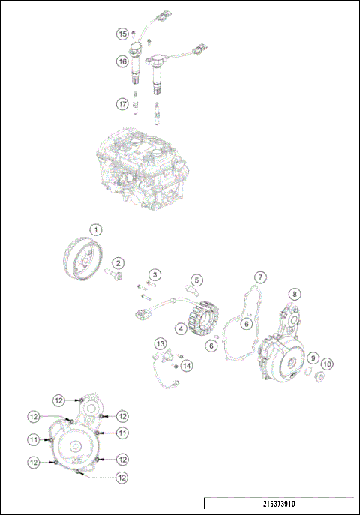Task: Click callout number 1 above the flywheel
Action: (95, 228)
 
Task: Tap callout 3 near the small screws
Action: (153, 275)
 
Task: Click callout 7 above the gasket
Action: (259, 277)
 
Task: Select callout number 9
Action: (313, 358)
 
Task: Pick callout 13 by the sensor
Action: (160, 343)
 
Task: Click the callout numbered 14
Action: (187, 365)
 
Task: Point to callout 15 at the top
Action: (121, 34)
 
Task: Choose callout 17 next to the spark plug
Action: (121, 104)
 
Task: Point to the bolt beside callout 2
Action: (117, 279)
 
